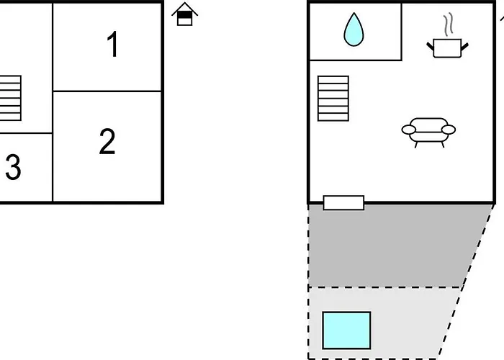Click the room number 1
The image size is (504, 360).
(113, 45)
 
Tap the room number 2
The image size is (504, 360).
(107, 141)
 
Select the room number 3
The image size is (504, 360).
(13, 167)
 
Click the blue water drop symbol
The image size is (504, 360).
(354, 30)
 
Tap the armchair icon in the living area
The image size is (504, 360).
(428, 132)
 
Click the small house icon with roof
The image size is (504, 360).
(185, 14)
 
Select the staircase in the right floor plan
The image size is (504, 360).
(333, 99)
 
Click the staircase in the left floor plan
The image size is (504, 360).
(11, 98)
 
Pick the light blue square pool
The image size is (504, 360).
(346, 330)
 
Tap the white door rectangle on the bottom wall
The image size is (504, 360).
(343, 203)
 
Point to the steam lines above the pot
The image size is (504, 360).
(449, 24)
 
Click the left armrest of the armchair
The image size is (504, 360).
(408, 130)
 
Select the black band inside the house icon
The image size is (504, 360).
(184, 15)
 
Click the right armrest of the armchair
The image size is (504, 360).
(449, 130)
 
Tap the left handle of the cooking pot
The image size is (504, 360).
(430, 47)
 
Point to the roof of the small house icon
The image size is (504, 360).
(185, 8)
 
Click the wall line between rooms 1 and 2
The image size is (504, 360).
(107, 91)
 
